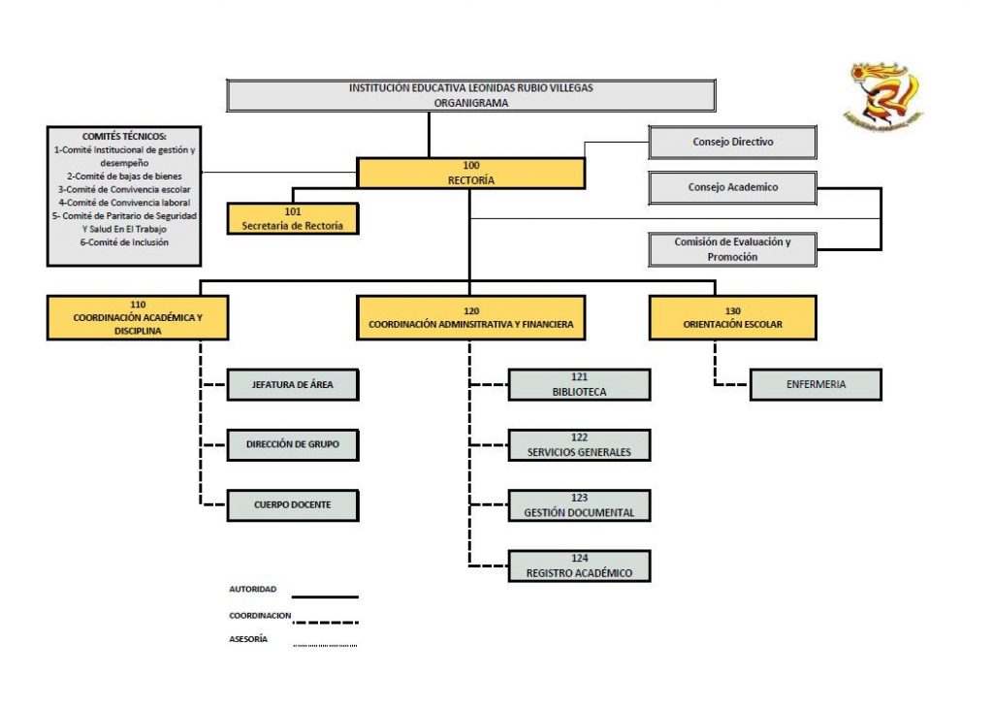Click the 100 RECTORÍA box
pyautogui.click(x=471, y=173)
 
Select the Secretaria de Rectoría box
pyautogui.click(x=292, y=218)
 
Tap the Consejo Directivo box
pyautogui.click(x=732, y=143)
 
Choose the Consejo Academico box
pyautogui.click(x=732, y=187)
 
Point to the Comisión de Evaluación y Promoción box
pyautogui.click(x=732, y=249)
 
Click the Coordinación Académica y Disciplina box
pyautogui.click(x=138, y=317)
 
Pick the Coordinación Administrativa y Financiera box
pyautogui.click(x=471, y=317)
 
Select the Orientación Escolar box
pyautogui.click(x=732, y=317)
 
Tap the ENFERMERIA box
pyautogui.click(x=816, y=384)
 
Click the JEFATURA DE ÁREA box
pyautogui.click(x=292, y=385)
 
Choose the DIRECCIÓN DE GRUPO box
pyautogui.click(x=292, y=445)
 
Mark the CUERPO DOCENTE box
pyautogui.click(x=292, y=504)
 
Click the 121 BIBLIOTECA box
pyautogui.click(x=579, y=385)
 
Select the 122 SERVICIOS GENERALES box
pyautogui.click(x=579, y=445)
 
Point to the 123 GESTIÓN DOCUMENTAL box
pyautogui.click(x=579, y=505)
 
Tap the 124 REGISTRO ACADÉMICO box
pyautogui.click(x=579, y=565)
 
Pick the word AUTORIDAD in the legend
pyautogui.click(x=252, y=589)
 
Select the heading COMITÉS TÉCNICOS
pyautogui.click(x=124, y=137)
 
